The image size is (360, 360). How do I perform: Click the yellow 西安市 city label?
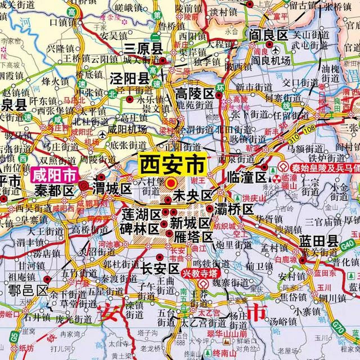pos(173,165)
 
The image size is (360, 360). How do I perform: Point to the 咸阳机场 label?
pos(127,130)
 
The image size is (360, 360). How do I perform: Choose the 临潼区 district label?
pos(246,177)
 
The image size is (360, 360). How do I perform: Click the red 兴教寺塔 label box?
pos(201,273)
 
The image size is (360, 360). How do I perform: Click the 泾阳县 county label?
pos(129,79)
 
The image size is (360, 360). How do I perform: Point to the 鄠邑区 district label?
pos(27,290)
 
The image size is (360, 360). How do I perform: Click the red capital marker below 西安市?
pos(170,184)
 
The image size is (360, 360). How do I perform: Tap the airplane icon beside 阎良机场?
pos(276,51)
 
